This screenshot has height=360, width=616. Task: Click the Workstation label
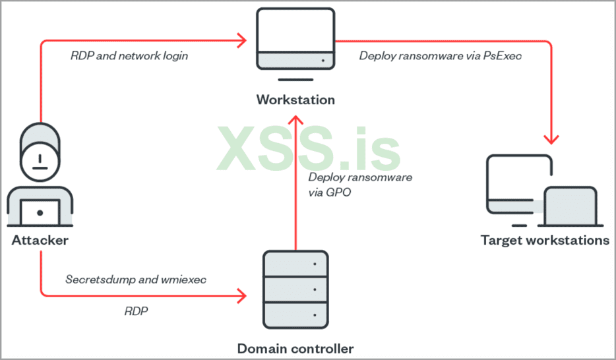click(295, 100)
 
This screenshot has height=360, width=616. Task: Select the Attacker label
click(40, 241)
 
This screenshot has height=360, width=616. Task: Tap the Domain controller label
click(295, 348)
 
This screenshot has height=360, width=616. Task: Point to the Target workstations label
click(545, 240)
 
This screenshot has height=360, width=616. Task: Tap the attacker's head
click(40, 153)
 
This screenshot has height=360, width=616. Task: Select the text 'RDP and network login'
click(129, 56)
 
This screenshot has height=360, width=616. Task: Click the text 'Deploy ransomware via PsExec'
click(440, 56)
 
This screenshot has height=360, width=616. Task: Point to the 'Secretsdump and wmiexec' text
click(136, 279)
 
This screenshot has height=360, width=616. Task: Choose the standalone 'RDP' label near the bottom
click(136, 311)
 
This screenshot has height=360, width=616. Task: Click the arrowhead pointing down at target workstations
click(551, 139)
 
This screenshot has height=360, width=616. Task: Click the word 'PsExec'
click(505, 56)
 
